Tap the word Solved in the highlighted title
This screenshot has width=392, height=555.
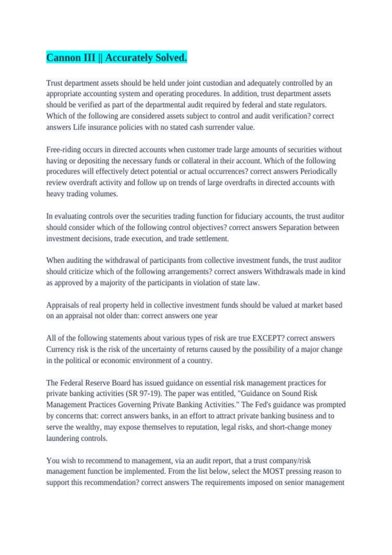(171, 58)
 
